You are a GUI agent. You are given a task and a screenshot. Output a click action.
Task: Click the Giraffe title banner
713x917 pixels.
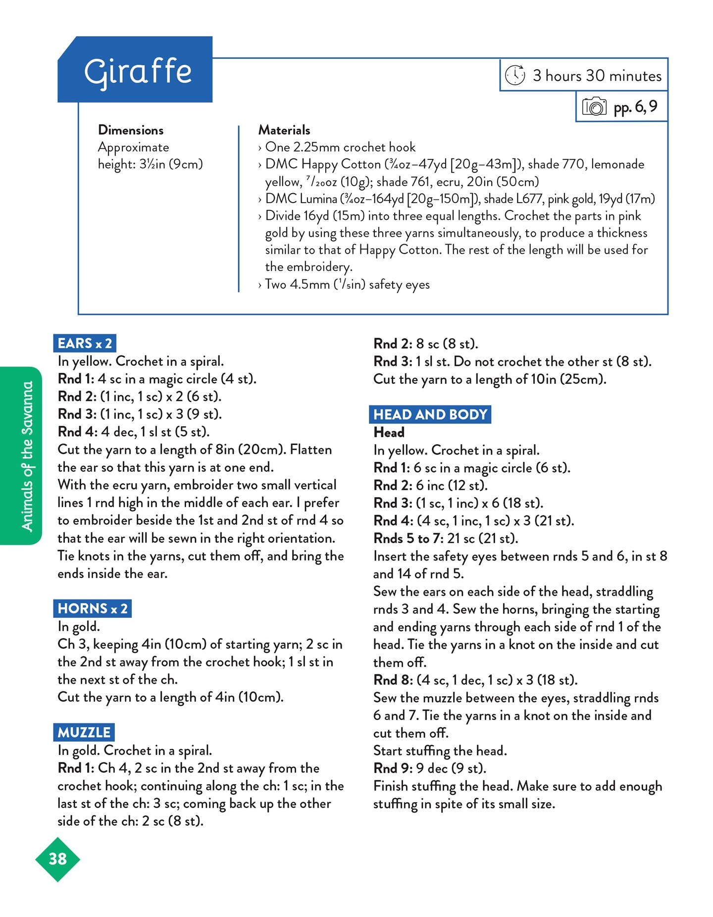coord(136,71)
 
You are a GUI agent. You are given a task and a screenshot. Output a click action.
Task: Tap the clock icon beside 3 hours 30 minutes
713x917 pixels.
coord(515,75)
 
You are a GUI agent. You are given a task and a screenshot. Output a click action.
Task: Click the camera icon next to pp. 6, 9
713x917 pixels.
coord(594,106)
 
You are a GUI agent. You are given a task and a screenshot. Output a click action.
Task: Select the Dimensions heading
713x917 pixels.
coord(131,130)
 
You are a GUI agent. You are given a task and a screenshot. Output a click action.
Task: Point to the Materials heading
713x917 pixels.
coord(284,130)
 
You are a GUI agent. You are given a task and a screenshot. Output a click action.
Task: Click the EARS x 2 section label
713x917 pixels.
coord(85,343)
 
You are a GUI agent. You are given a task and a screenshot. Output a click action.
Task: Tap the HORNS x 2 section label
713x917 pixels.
coord(93,608)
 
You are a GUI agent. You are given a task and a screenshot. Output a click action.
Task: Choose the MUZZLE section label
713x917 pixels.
coord(84,732)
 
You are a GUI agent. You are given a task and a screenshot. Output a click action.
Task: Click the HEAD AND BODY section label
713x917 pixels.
coord(430,414)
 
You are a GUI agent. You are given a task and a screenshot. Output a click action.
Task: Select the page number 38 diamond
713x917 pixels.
coord(57,859)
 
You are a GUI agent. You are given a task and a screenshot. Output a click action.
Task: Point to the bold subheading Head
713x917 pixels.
coord(389,432)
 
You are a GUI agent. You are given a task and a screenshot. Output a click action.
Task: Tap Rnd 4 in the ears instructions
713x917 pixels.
coord(77,432)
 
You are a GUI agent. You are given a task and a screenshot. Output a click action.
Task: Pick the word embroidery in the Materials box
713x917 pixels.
coord(308,267)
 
